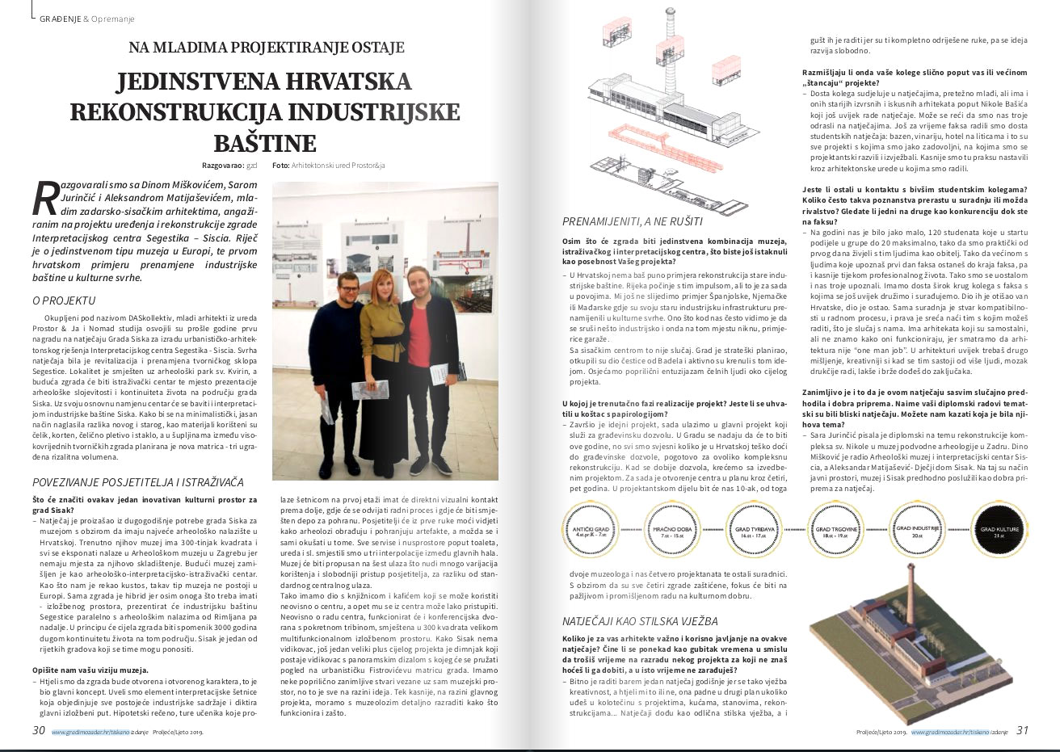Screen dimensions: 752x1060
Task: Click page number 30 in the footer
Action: (38, 730)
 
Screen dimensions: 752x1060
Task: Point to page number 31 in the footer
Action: (1021, 730)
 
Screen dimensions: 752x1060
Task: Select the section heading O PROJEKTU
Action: (64, 300)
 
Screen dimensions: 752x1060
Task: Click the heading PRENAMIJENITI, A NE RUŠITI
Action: (633, 221)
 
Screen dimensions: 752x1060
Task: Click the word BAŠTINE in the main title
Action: (265, 144)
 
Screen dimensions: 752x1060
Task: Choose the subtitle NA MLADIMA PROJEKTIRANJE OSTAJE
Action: (266, 47)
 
